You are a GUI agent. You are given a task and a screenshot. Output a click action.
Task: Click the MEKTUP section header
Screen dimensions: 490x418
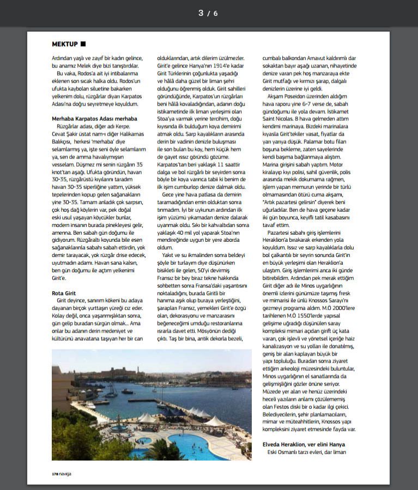64,44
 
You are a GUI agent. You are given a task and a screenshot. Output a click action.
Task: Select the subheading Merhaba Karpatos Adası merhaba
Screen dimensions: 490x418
94,118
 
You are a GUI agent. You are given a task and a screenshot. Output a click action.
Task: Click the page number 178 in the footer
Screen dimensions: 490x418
55,474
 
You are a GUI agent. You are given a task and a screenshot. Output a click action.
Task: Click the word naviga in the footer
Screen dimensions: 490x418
65,474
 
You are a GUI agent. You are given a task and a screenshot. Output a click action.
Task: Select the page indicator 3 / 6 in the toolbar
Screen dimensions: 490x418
208,13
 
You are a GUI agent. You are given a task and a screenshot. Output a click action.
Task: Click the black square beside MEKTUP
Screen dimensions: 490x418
83,44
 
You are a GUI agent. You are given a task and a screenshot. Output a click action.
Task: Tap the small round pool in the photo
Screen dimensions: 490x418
144,440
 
